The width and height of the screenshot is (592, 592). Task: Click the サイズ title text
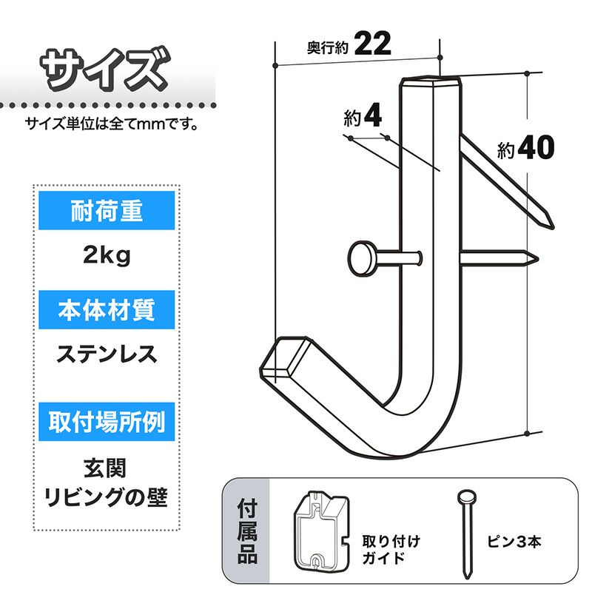(105, 70)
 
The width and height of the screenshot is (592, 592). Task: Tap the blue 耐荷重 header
(107, 210)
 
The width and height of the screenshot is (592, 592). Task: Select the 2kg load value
(107, 255)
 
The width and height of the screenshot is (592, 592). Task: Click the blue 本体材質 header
(107, 309)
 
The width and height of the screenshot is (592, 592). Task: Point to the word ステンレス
(107, 354)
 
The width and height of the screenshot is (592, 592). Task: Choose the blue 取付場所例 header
(107, 421)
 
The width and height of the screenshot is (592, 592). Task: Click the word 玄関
(105, 468)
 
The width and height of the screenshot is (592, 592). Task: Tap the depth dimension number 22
(373, 44)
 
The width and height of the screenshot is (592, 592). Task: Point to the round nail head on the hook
(361, 258)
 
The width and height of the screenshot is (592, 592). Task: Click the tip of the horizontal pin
(537, 258)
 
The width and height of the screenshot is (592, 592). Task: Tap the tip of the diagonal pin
(552, 227)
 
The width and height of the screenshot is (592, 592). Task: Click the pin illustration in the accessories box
(467, 534)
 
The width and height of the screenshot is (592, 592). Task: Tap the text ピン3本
(514, 542)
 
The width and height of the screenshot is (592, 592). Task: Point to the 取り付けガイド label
(391, 549)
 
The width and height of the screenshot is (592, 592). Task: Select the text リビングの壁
(106, 497)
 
